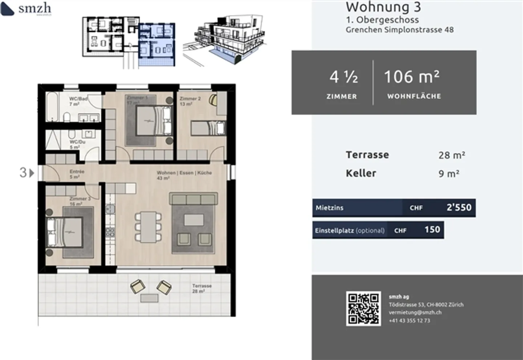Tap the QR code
tap(363, 308)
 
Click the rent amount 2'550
tap(459, 208)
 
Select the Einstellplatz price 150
tap(432, 230)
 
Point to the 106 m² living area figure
tap(411, 77)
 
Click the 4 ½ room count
tap(343, 77)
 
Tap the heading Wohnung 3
tap(383, 7)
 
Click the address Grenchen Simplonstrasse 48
tap(400, 30)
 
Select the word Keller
tap(361, 173)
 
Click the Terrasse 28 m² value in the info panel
tap(451, 155)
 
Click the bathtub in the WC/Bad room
tap(52, 106)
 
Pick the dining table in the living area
tap(148, 227)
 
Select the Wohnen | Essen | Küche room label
tap(184, 173)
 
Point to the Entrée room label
tap(77, 172)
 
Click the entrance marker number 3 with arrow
tap(27, 173)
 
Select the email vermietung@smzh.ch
tap(415, 312)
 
